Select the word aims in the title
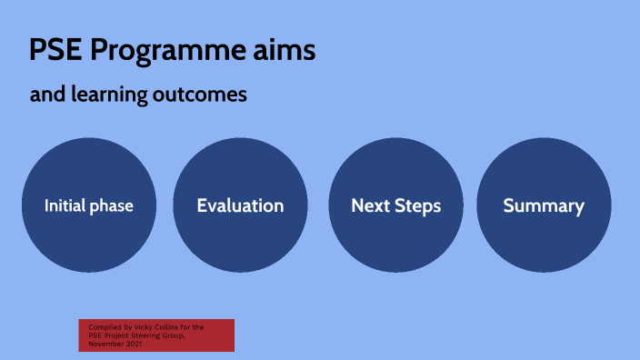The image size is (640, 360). [x=285, y=51]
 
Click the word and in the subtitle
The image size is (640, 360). [x=45, y=95]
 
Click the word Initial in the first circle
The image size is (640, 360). [x=65, y=206]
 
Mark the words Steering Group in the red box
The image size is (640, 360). [x=186, y=335]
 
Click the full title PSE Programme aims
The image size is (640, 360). [x=173, y=51]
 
